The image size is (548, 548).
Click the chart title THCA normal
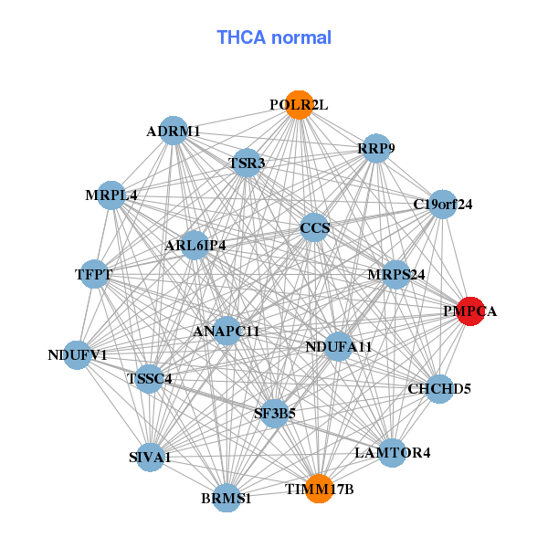pyautogui.click(x=274, y=37)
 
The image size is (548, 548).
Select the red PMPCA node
pyautogui.click(x=470, y=311)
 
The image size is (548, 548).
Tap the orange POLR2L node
pyautogui.click(x=299, y=105)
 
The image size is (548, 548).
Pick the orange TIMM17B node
pyautogui.click(x=319, y=489)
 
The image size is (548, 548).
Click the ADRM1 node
pyautogui.click(x=174, y=131)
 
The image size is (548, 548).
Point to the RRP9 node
pyautogui.click(x=376, y=149)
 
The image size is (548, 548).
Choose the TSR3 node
pyautogui.click(x=247, y=163)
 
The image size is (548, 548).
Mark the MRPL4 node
pyautogui.click(x=111, y=195)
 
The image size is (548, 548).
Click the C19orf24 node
pyautogui.click(x=443, y=204)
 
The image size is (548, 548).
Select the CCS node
pyautogui.click(x=314, y=227)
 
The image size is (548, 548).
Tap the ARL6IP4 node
pyautogui.click(x=195, y=245)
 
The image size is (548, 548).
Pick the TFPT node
pyautogui.click(x=95, y=273)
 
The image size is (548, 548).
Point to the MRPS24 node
pyautogui.click(x=396, y=273)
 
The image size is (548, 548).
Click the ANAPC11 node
pyautogui.click(x=227, y=330)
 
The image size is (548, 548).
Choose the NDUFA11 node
pyautogui.click(x=338, y=346)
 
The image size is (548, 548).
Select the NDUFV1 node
pyautogui.click(x=78, y=354)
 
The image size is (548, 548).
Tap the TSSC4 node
pyautogui.click(x=150, y=377)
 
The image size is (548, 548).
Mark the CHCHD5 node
pyautogui.click(x=439, y=388)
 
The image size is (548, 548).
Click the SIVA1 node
pyautogui.click(x=150, y=456)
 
